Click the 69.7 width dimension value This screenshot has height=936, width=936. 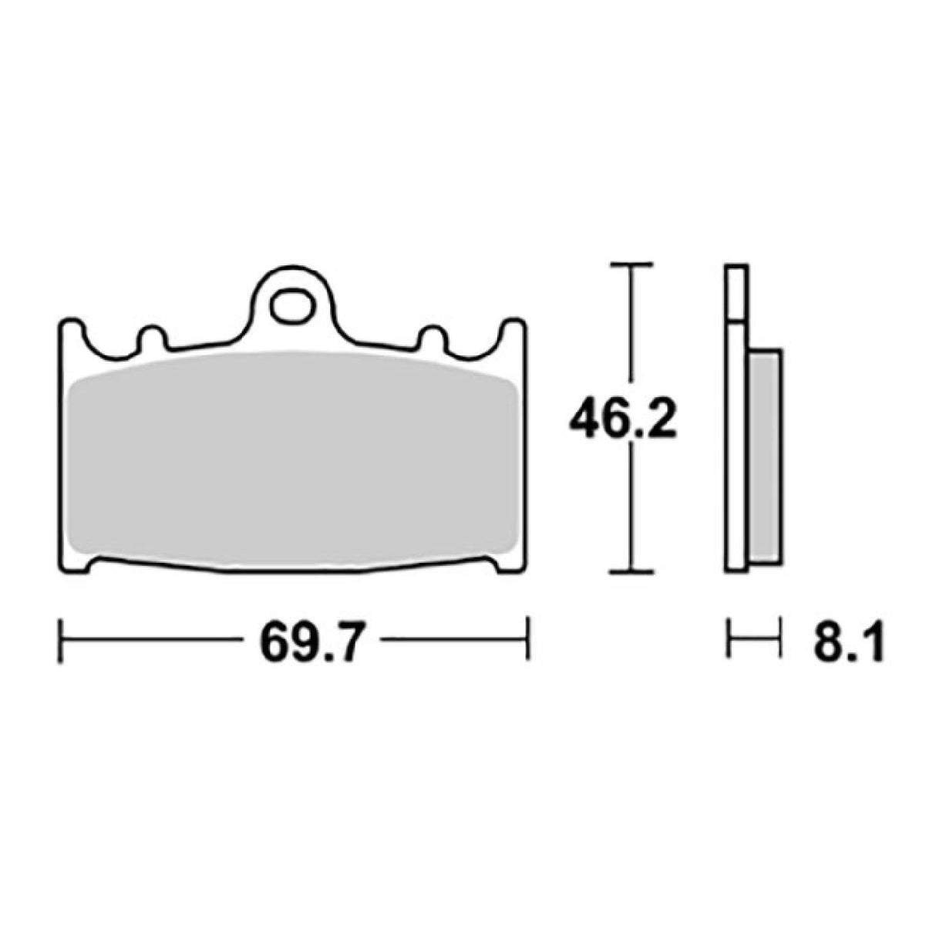point(310,638)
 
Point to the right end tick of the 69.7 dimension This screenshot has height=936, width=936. point(527,638)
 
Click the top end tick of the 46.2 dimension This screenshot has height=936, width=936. point(631,264)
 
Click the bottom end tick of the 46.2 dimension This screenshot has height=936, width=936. point(631,572)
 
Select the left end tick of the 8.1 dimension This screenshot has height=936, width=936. point(727,638)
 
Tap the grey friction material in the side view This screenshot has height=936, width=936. point(764,455)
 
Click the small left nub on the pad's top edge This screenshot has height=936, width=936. point(151,336)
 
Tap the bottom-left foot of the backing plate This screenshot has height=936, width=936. point(75,564)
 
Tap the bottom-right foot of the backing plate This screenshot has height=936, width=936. point(510,564)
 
